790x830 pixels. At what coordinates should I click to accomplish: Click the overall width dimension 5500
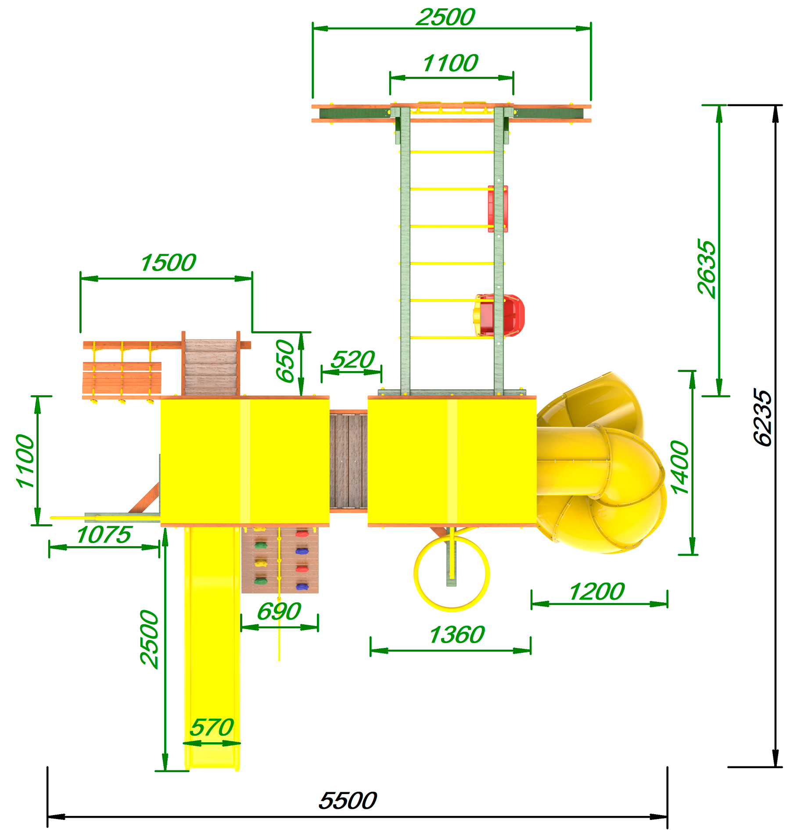click(348, 801)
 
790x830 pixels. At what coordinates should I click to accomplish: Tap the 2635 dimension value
click(707, 269)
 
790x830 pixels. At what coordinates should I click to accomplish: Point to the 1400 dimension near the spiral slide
click(680, 468)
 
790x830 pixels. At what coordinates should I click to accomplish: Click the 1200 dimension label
click(596, 592)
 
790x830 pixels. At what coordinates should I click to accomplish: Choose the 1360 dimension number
click(457, 635)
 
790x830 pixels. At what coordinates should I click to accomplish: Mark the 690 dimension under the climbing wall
click(279, 612)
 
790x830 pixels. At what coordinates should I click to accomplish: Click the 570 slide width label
click(212, 728)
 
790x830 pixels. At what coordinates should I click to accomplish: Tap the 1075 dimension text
click(104, 535)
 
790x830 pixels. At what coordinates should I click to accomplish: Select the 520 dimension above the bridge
click(352, 360)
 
